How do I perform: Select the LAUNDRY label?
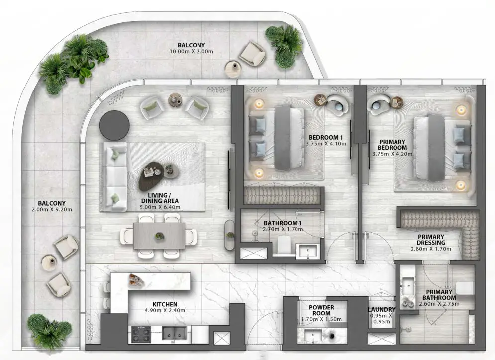(382, 310)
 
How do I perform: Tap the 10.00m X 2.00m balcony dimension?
(191, 51)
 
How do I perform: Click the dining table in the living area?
(159, 235)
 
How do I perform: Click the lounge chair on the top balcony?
(252, 53)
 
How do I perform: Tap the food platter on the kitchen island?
(136, 280)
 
